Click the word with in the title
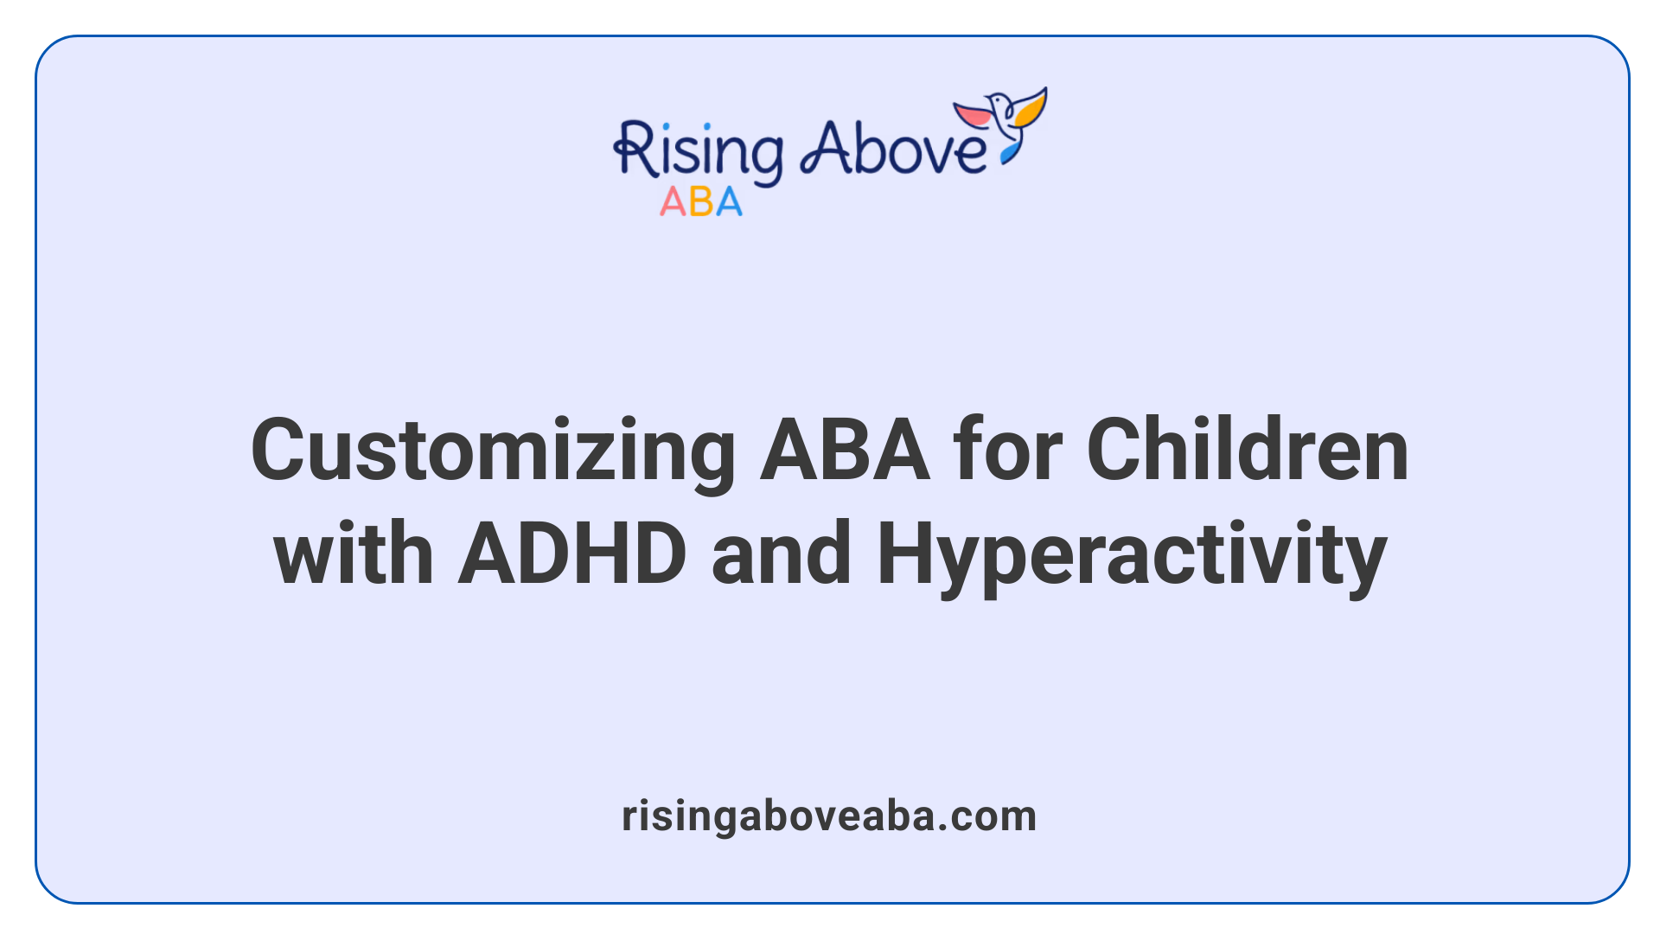tap(353, 554)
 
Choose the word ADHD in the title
tap(572, 554)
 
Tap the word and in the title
tap(781, 554)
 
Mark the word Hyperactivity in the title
tap(1132, 554)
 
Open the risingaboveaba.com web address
tap(829, 816)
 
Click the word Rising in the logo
tap(699, 151)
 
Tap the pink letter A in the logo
tap(673, 202)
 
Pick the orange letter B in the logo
tap(701, 202)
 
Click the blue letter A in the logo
tap(729, 202)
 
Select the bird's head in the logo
tap(999, 100)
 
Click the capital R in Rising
tap(633, 149)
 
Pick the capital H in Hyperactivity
tap(907, 554)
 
